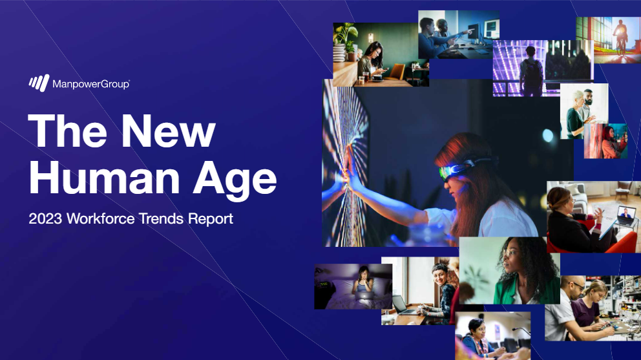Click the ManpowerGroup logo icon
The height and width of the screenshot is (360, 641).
39,83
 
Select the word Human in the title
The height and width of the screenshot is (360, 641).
104,178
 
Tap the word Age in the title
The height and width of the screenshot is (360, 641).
235,180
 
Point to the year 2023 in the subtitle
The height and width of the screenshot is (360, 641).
45,218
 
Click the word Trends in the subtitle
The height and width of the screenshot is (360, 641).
161,218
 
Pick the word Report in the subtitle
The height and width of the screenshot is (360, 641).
211,219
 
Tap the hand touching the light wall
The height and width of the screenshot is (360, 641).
349,168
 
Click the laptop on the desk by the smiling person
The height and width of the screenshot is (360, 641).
402,305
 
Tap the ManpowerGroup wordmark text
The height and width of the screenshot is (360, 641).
91,84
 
